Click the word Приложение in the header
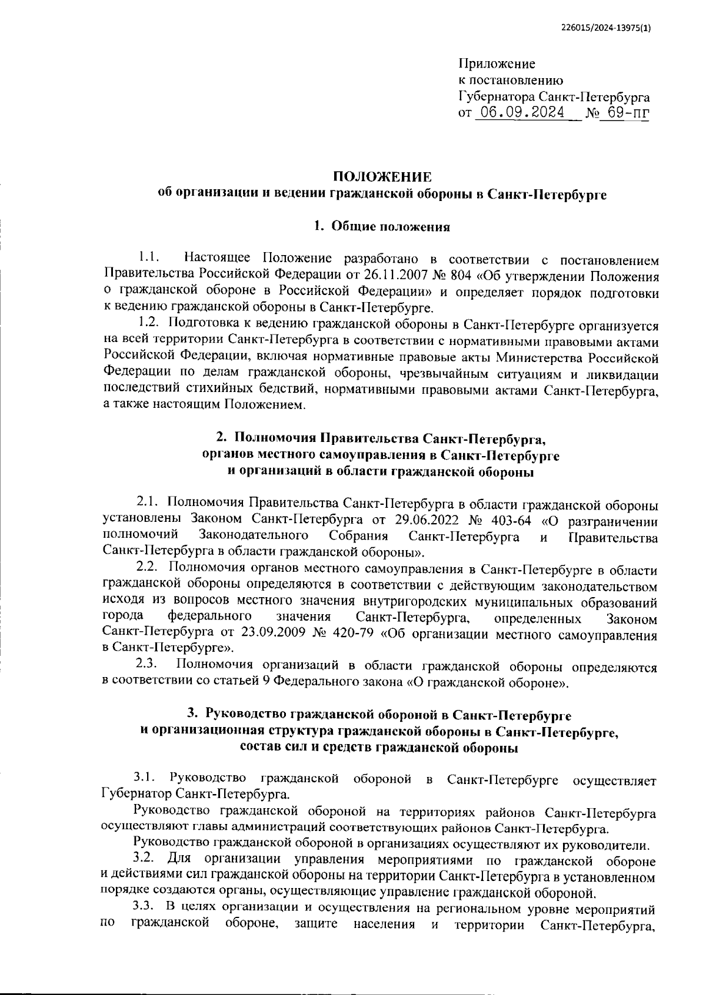tap(497, 63)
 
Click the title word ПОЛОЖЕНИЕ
tap(382, 177)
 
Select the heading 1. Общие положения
tap(382, 227)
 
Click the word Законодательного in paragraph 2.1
tap(255, 536)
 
